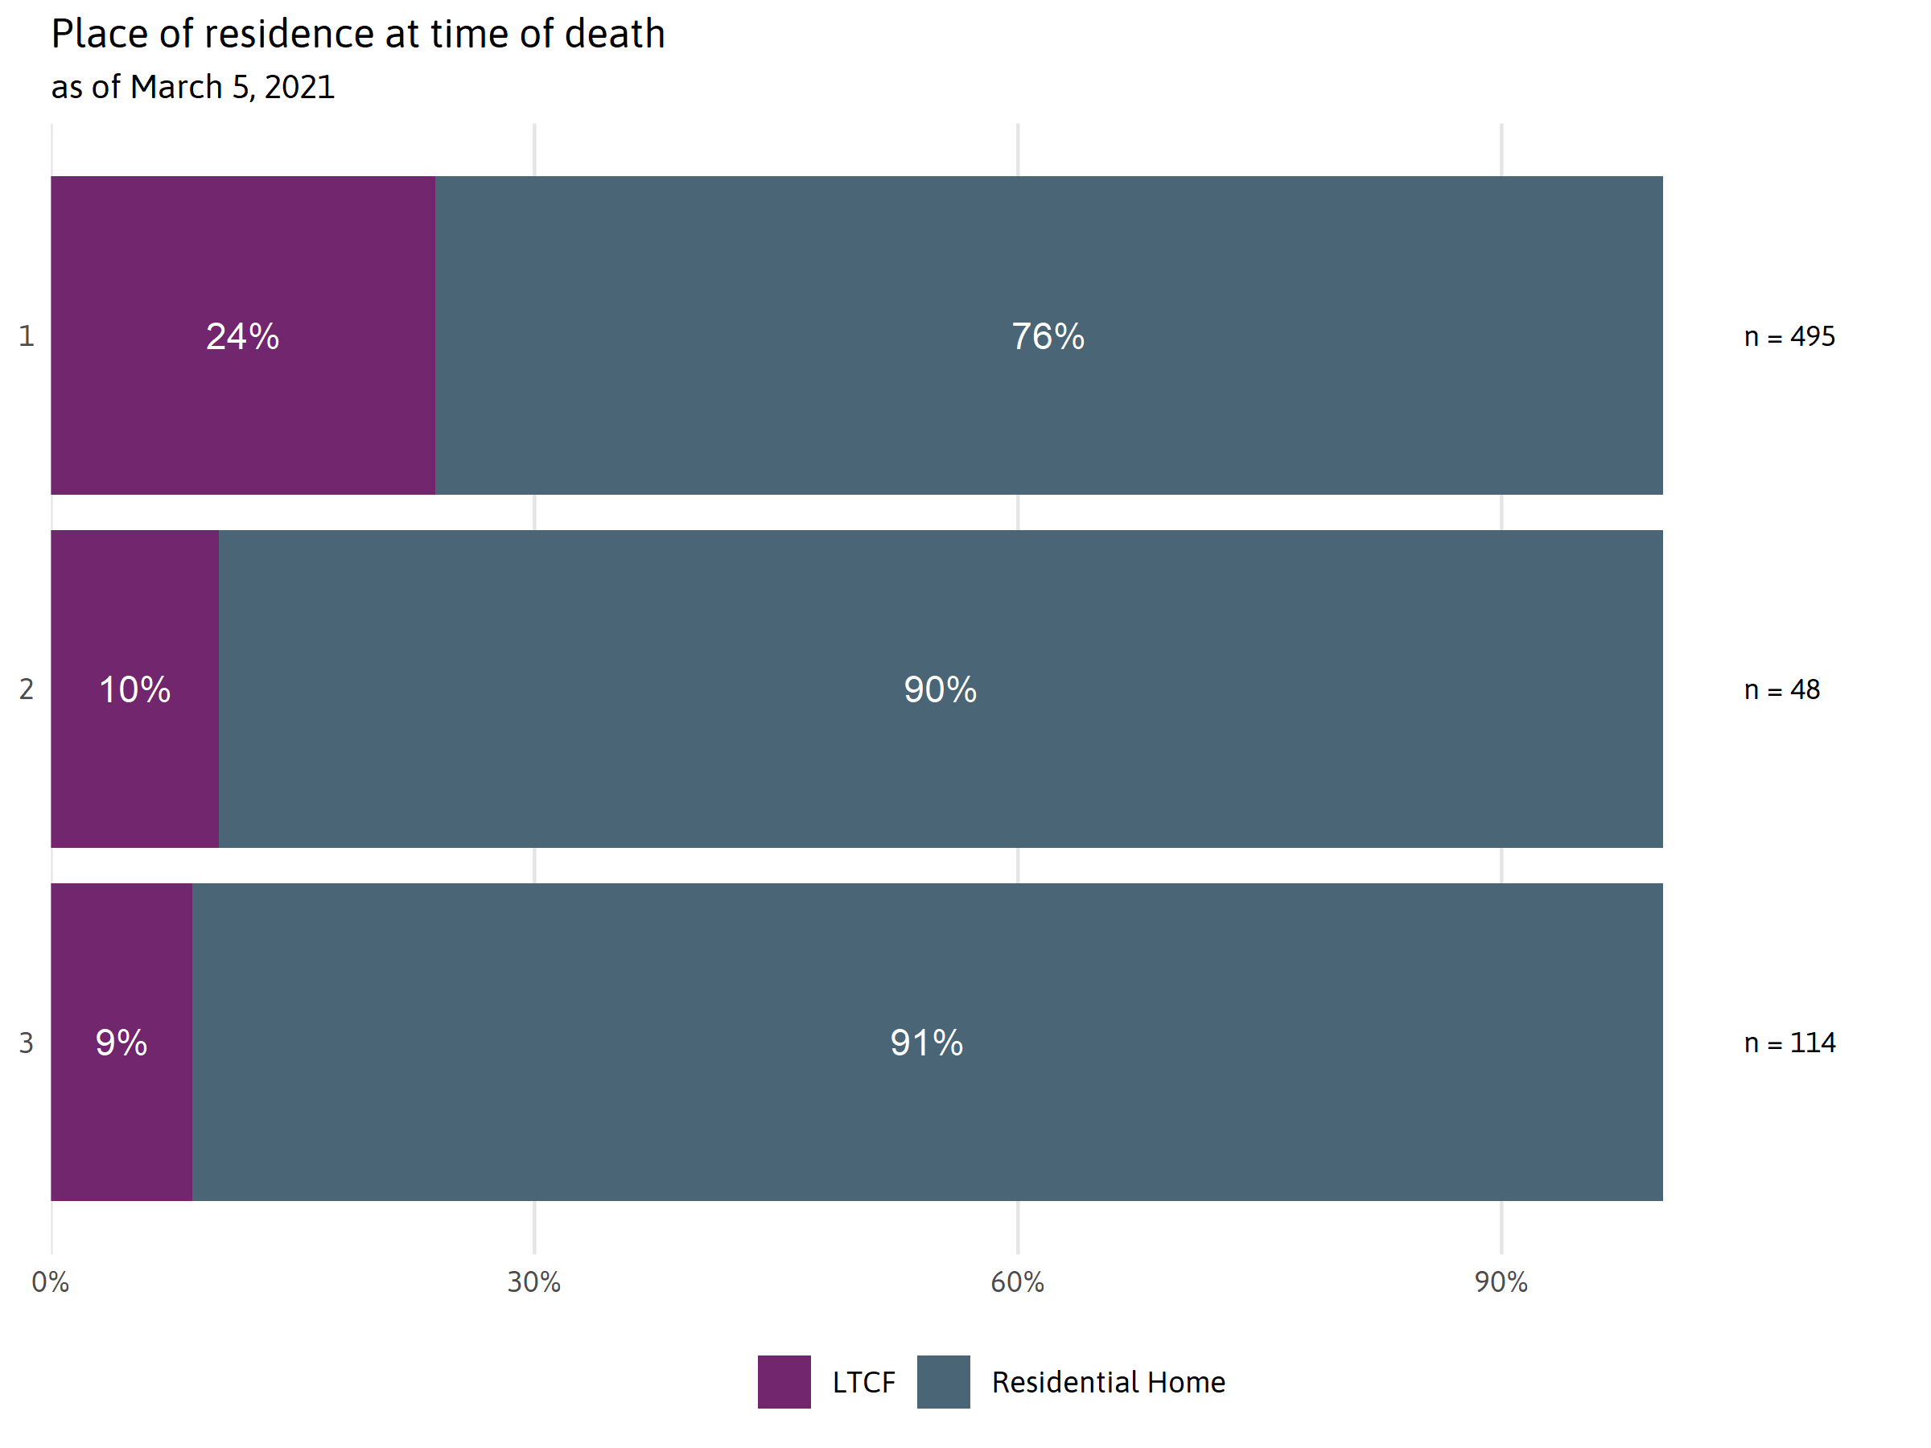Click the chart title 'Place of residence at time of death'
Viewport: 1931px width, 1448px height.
[x=358, y=35]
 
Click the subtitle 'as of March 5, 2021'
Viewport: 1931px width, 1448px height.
[x=193, y=87]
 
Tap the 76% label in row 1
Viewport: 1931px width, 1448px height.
[x=1048, y=336]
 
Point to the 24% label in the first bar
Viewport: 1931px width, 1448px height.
[x=243, y=336]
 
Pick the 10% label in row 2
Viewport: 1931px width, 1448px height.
[x=134, y=689]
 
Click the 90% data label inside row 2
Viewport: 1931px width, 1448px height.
[x=941, y=689]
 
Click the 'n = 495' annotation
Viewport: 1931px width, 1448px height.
[x=1789, y=337]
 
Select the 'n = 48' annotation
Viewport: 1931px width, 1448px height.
[x=1781, y=690]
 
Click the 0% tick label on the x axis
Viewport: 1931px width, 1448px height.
[x=51, y=1282]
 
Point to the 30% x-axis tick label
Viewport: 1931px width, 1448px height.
[x=534, y=1282]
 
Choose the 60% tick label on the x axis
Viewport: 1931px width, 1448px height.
[x=1017, y=1282]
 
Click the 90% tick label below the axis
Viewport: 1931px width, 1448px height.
[x=1501, y=1282]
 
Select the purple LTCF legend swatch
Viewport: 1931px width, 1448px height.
[x=784, y=1382]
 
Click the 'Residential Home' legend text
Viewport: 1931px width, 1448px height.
[x=1108, y=1383]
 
